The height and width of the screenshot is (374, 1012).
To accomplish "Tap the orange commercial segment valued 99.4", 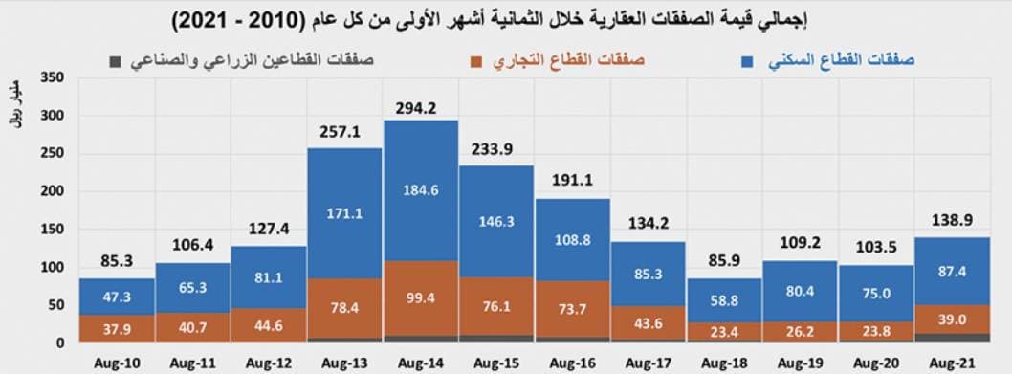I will (x=420, y=298).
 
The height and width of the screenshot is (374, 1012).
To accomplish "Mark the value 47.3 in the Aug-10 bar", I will (x=117, y=297).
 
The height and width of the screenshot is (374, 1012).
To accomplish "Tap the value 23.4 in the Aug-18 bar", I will (x=723, y=333).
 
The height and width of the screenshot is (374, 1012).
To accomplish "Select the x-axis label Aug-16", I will (x=571, y=363).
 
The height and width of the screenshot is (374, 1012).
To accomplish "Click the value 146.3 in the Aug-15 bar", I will (x=495, y=220).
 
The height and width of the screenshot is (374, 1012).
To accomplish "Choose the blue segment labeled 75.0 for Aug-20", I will (x=875, y=294).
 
